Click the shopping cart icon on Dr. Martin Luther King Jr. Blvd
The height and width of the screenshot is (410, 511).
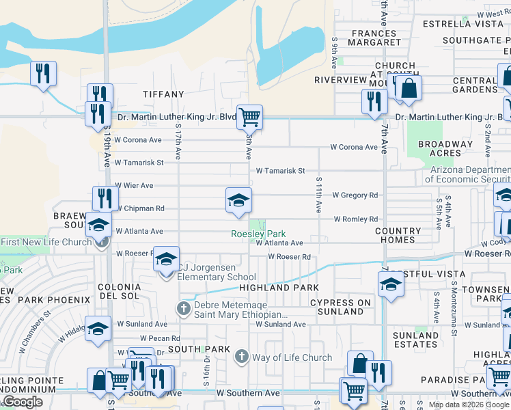click(249, 117)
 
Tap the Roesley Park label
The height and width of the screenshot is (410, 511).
click(258, 234)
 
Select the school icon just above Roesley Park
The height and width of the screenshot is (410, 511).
click(238, 200)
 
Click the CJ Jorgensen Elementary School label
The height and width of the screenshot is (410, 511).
click(217, 273)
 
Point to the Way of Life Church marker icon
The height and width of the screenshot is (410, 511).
click(240, 357)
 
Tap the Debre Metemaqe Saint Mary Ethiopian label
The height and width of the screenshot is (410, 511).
click(240, 309)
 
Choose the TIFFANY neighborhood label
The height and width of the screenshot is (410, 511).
click(163, 94)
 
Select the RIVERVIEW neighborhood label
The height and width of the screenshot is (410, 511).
click(341, 80)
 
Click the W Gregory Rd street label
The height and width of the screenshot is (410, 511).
click(355, 195)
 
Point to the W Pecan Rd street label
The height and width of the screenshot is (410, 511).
click(160, 338)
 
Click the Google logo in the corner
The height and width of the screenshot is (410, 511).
click(22, 402)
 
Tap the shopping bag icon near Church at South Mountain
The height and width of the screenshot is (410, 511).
click(409, 88)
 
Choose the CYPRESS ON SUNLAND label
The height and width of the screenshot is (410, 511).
click(340, 307)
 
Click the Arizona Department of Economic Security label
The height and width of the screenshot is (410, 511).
click(468, 174)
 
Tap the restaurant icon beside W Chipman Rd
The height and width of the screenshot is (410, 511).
click(105, 199)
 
